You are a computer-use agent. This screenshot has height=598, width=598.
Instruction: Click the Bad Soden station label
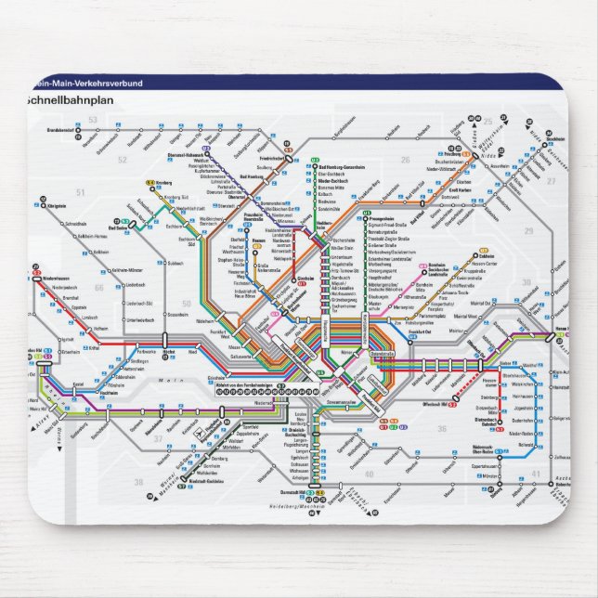pyautogui.click(x=118, y=227)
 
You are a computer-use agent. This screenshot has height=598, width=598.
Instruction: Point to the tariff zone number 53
pyautogui.click(x=92, y=121)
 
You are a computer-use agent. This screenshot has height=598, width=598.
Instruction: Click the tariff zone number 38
pyautogui.click(x=139, y=482)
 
